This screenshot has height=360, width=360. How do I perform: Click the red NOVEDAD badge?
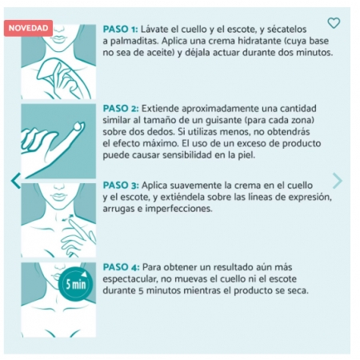click(29, 28)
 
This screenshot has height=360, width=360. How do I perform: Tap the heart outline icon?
click(334, 23)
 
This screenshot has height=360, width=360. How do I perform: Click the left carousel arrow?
click(14, 181)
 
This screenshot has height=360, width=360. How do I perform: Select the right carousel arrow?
click(338, 181)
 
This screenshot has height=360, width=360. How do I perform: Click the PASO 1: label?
click(122, 28)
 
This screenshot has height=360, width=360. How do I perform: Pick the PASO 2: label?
click(122, 106)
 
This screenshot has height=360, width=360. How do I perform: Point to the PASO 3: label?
click(122, 184)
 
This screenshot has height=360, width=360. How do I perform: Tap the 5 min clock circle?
click(74, 282)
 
